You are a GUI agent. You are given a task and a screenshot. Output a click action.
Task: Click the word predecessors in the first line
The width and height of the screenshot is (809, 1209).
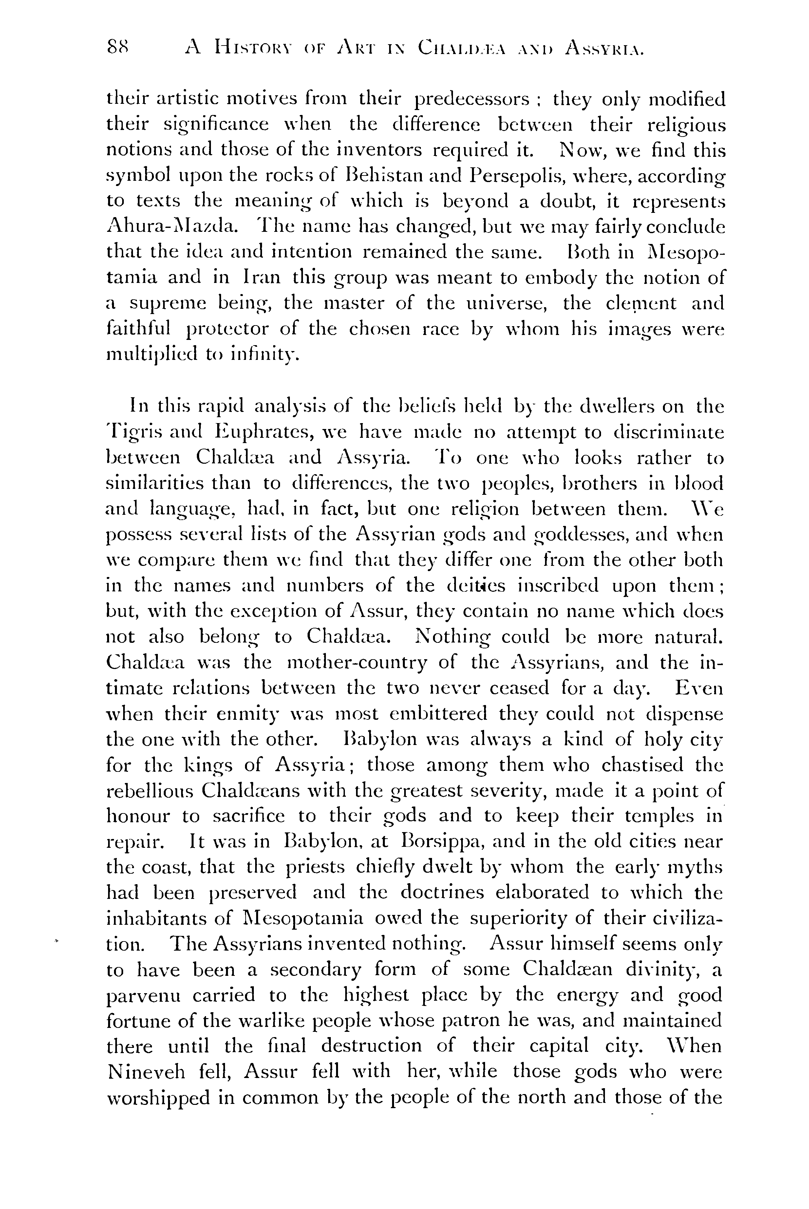473,99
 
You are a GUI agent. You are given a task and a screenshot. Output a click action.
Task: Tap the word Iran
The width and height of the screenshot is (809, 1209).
261,278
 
